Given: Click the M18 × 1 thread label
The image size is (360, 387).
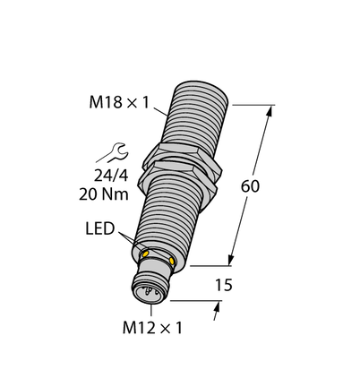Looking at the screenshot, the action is point(119,103).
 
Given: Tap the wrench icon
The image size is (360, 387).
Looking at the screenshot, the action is point(113,152).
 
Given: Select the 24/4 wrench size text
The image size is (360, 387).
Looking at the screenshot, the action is point(111,176).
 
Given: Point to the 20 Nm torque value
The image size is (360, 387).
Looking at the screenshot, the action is point(104,194).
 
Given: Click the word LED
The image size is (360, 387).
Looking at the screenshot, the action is point(100,228).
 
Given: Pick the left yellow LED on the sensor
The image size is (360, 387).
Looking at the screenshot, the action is point(146,254).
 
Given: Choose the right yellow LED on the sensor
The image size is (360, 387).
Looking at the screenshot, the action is point(171,261).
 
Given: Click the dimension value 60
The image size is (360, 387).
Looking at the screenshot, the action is point(250,186).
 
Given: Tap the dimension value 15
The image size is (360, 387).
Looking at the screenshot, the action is point(224,285).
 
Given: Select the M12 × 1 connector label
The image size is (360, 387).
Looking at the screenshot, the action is point(152,328).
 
